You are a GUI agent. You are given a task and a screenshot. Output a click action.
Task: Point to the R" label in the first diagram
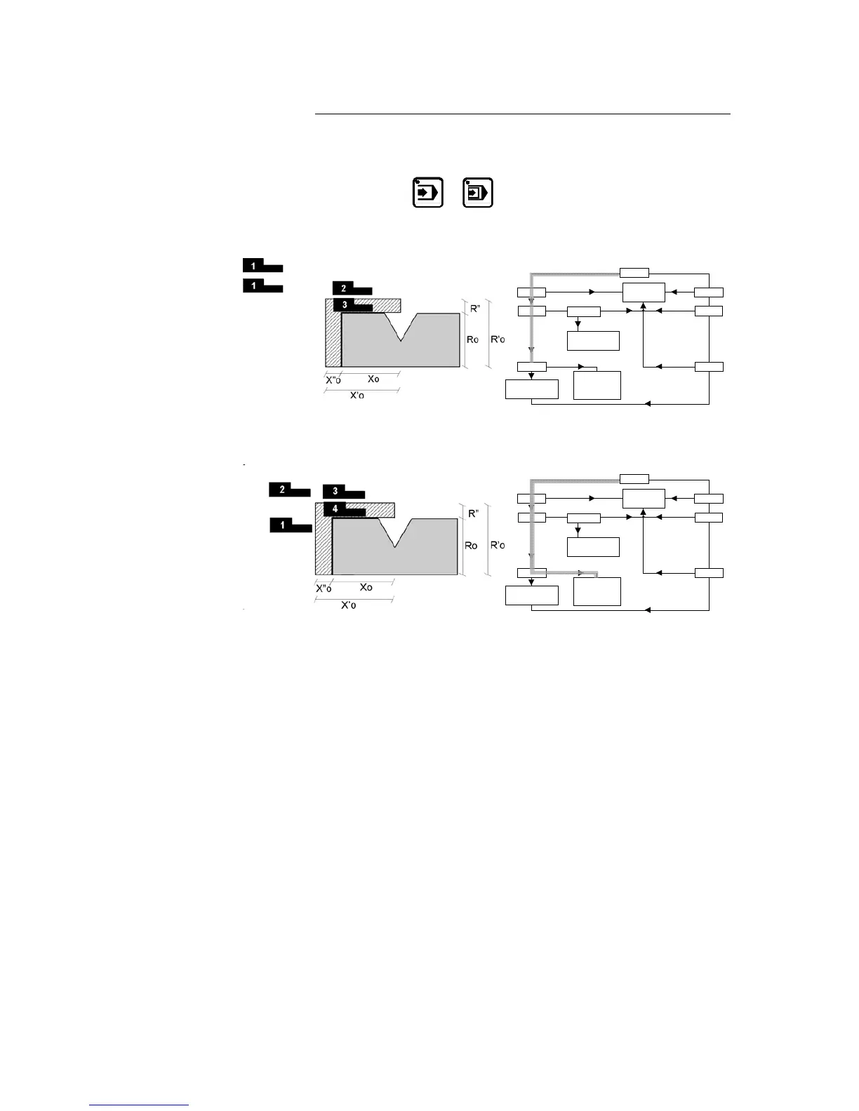(x=475, y=307)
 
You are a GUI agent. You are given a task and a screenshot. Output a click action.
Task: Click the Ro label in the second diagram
(x=471, y=546)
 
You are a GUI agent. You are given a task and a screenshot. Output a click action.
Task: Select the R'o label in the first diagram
(x=498, y=339)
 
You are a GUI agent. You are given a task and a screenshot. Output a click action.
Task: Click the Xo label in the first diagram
(x=373, y=379)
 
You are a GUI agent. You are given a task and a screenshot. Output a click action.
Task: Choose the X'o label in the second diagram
(x=349, y=605)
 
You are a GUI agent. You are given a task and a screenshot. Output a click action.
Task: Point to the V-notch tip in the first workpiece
(x=401, y=341)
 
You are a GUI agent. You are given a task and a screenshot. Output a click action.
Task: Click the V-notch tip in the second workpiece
(x=396, y=546)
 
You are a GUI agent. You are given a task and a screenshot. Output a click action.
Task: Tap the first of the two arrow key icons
(x=427, y=192)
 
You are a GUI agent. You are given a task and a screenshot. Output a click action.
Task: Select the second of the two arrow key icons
(x=478, y=192)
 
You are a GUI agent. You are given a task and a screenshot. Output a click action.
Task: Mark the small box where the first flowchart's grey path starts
(x=634, y=273)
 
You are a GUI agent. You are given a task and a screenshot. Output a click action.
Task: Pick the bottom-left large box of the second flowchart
(x=532, y=595)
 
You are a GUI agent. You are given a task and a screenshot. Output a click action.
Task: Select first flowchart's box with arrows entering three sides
(x=644, y=292)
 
